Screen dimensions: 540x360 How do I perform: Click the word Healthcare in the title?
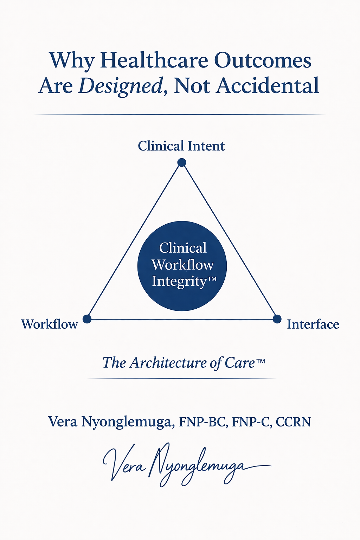154,60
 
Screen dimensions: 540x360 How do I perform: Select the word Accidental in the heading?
267,85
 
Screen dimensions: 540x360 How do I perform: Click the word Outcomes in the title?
263,60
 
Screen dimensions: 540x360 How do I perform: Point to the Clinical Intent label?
181,146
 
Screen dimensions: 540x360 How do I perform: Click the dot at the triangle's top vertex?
181,162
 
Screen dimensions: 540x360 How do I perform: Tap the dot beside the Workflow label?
87,319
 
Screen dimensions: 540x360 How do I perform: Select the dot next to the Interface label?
277,319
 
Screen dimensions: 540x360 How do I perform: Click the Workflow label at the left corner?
49,324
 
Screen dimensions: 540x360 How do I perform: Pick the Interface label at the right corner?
313,324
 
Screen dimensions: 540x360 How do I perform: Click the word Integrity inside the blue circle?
179,282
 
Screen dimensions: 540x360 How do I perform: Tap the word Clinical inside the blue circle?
182,248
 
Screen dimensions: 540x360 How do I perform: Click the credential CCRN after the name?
293,422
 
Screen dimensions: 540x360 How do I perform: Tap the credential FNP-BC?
202,422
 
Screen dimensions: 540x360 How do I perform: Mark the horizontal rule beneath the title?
180,115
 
